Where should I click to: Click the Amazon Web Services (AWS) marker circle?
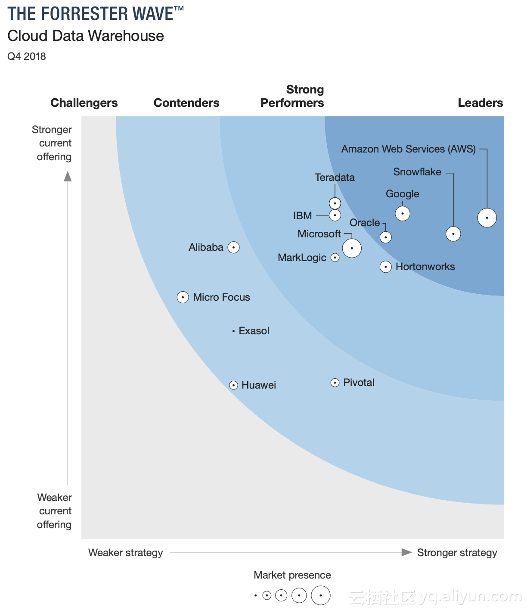(x=487, y=218)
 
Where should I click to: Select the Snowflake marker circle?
(x=453, y=234)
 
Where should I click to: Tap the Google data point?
(x=403, y=213)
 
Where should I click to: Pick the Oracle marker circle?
(x=385, y=237)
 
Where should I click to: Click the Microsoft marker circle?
(x=352, y=248)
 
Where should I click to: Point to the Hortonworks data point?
(x=385, y=267)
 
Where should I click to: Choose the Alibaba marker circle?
(x=233, y=247)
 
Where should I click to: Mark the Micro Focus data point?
(x=183, y=297)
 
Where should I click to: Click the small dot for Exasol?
(x=233, y=331)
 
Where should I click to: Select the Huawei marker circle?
(x=233, y=385)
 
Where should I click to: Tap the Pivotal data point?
(x=335, y=383)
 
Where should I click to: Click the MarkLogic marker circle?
(x=335, y=258)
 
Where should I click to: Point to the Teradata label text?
(x=335, y=177)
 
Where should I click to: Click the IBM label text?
(x=302, y=215)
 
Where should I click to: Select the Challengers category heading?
(x=84, y=103)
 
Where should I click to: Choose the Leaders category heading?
(x=480, y=103)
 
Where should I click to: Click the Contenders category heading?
(x=186, y=103)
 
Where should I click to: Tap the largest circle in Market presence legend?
(x=321, y=595)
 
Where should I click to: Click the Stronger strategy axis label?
(x=457, y=553)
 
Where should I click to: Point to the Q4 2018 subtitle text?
(x=27, y=56)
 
